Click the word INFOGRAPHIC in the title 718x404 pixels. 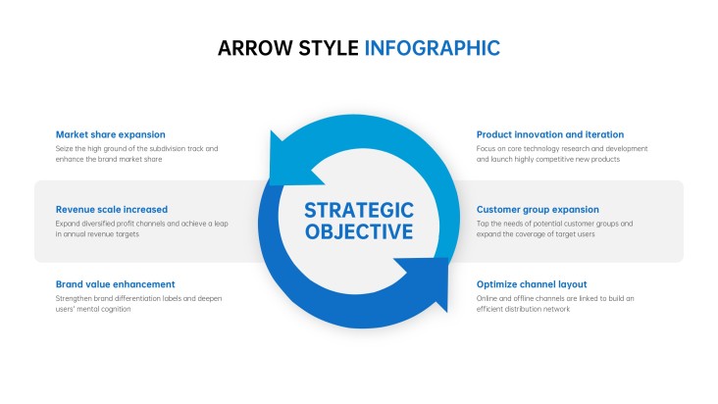point(432,48)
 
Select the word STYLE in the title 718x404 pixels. point(329,48)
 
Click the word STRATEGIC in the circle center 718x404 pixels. point(359,210)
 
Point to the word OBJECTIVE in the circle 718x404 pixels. point(359,232)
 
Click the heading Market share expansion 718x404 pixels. point(110,134)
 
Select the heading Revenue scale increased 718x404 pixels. point(111,209)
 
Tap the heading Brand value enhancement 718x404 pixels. point(115,283)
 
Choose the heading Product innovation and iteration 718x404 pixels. point(549,134)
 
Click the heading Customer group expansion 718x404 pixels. point(538,209)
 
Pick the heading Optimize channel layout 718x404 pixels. point(532,283)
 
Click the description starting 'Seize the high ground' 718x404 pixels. point(136,154)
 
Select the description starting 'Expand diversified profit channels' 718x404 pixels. point(141,228)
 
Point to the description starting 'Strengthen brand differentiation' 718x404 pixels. point(137,303)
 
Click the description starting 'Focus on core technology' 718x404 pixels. point(562,154)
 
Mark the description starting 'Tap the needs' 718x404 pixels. point(554,228)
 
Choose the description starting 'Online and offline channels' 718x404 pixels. point(556,303)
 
